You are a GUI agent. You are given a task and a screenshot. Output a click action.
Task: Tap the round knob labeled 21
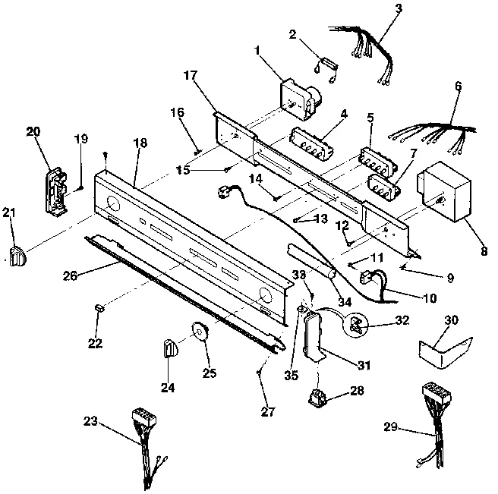coord(16,256)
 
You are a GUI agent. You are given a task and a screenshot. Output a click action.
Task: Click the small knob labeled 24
coord(169,349)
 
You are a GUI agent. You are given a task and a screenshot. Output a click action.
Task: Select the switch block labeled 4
coord(313,142)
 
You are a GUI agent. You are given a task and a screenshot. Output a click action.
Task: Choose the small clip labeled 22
coord(99,307)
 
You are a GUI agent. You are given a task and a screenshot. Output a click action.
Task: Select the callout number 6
coord(458,87)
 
